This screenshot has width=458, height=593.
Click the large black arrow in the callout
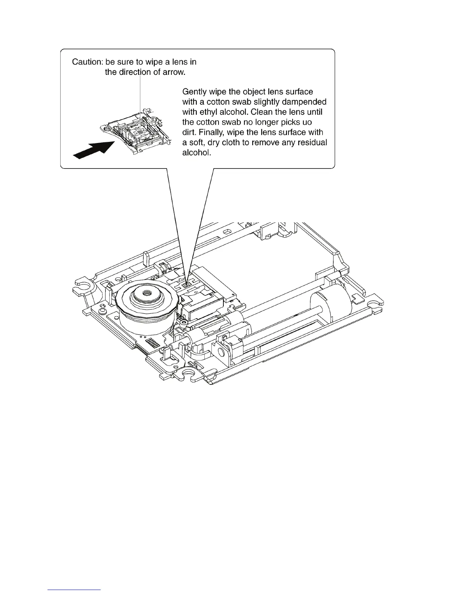(94, 149)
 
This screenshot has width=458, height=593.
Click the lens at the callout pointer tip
(187, 285)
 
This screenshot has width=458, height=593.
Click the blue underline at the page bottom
(74, 590)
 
